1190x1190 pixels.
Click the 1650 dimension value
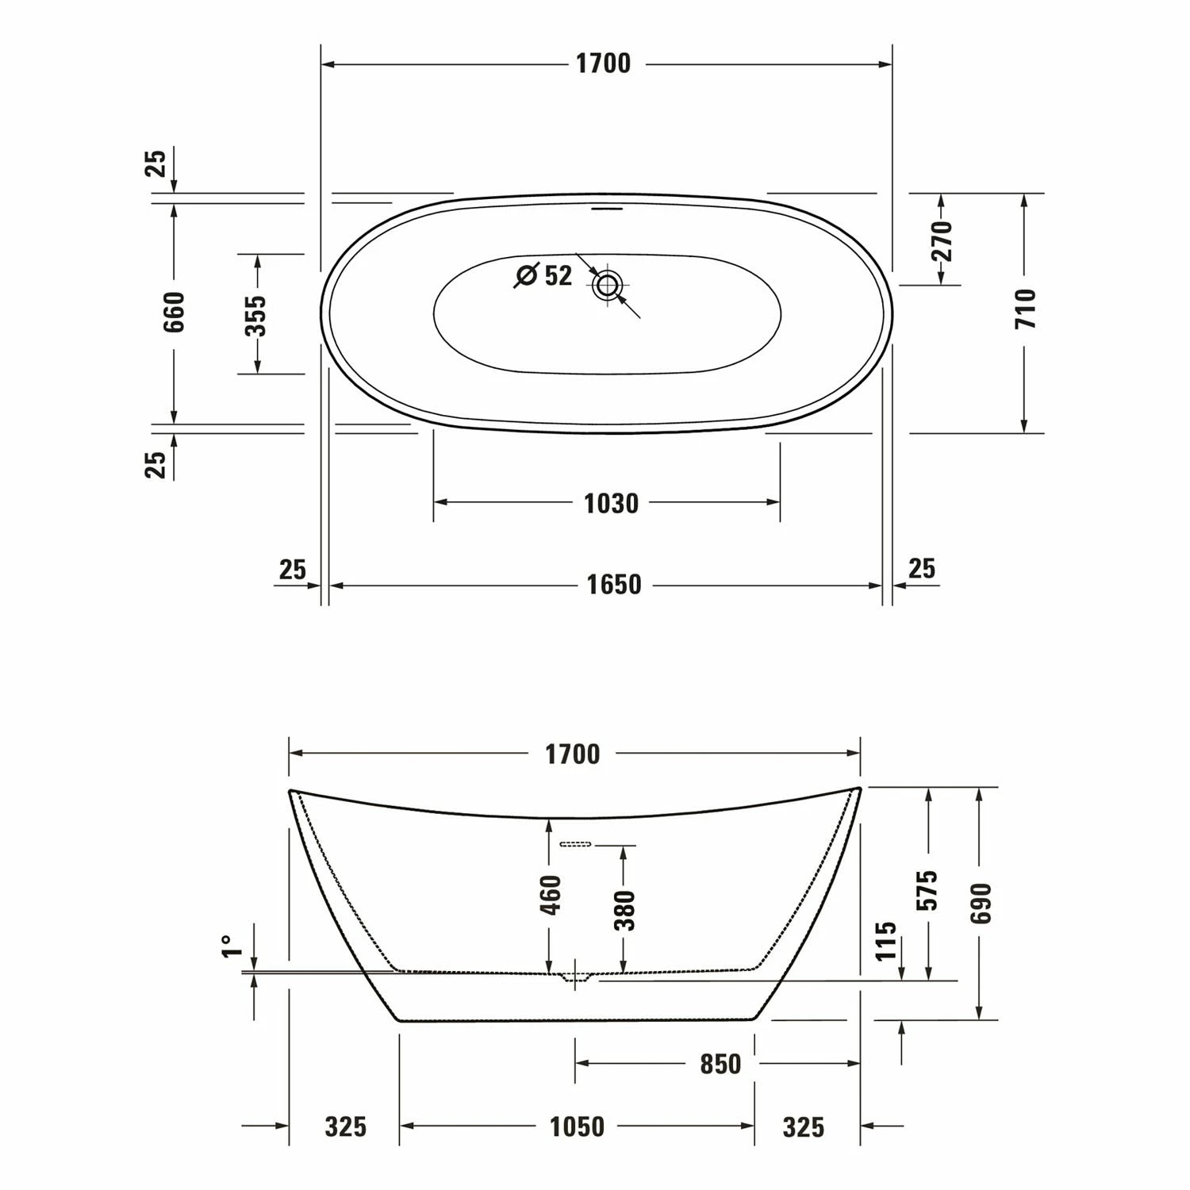coord(613,585)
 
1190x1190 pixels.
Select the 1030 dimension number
coord(611,503)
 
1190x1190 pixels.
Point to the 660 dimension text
coord(175,312)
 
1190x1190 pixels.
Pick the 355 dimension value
coord(256,316)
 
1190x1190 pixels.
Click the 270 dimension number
coord(941,241)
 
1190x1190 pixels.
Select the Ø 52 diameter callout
coord(544,275)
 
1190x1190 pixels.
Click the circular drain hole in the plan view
coord(608,284)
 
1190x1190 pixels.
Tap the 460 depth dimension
coord(550,894)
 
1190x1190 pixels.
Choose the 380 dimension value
coord(625,910)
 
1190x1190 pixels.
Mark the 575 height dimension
coord(928,889)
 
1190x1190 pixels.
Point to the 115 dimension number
coord(886,940)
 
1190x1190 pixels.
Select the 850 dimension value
coord(720,1064)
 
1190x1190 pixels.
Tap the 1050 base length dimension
coord(577,1127)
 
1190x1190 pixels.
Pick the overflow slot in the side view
coord(576,844)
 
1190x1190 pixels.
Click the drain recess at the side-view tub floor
coord(577,977)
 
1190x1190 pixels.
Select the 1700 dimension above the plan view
coord(603,64)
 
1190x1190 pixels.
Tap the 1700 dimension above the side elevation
coord(572,754)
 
